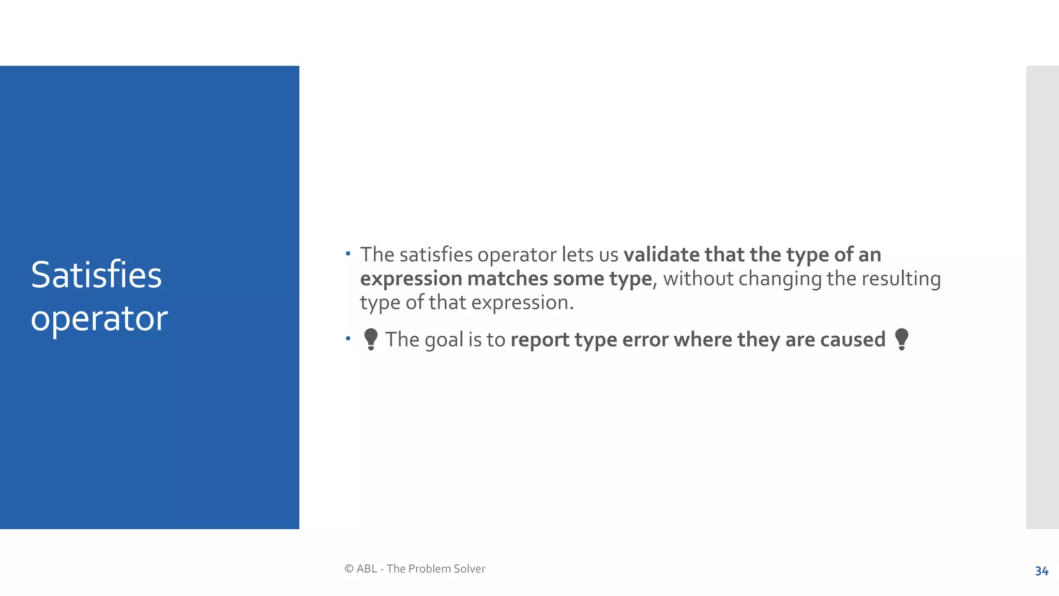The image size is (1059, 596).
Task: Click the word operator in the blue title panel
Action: pos(99,319)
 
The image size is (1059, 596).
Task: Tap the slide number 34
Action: pos(1041,571)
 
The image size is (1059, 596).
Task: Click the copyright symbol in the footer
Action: pos(349,569)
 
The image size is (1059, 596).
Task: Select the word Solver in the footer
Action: pos(470,569)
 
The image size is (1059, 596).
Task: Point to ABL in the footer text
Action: pos(367,569)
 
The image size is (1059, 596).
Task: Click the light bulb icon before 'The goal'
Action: pos(371,339)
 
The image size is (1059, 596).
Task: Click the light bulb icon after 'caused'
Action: pos(901,339)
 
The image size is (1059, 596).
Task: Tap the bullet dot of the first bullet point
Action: pos(349,254)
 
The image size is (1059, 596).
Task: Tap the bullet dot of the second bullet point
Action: pos(349,339)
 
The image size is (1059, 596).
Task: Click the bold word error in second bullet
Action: pos(645,340)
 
